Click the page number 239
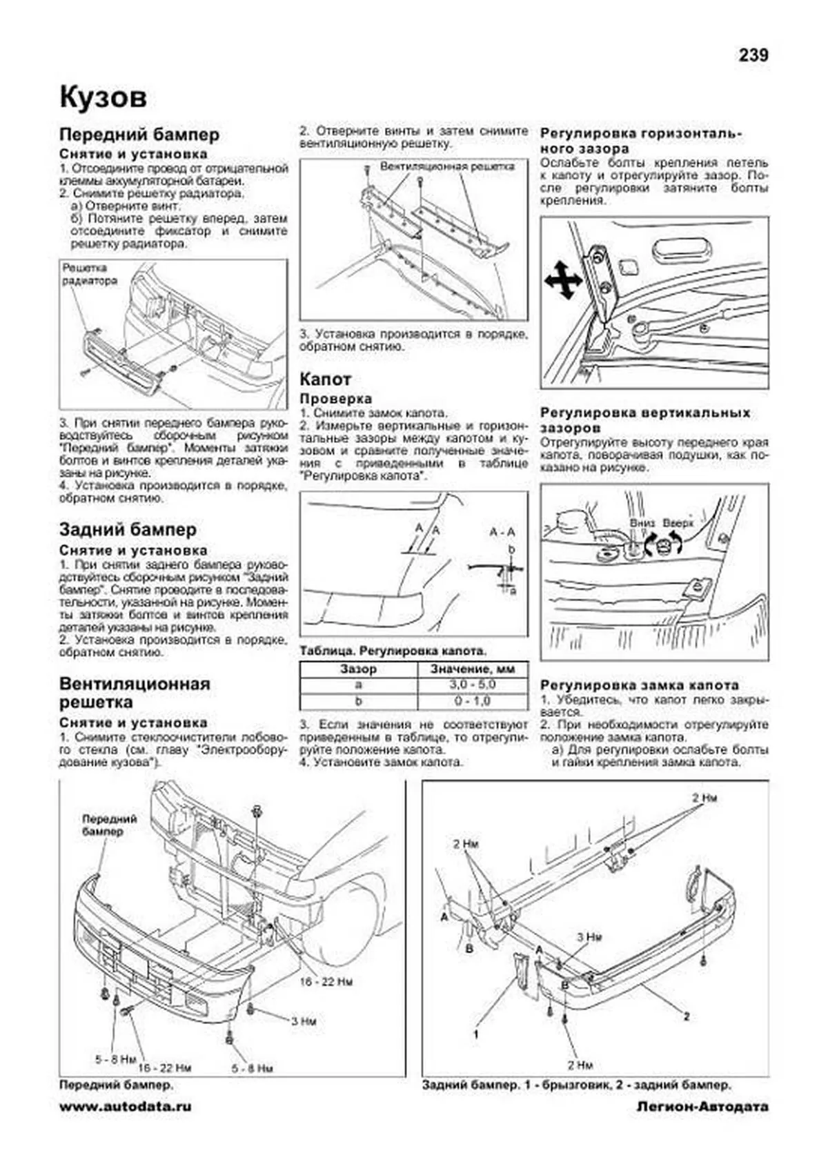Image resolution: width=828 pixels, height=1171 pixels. [x=753, y=55]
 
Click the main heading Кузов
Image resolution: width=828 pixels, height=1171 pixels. [x=103, y=97]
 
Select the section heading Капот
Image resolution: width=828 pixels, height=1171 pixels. [x=325, y=379]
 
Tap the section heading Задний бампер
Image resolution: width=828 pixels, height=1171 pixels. [x=128, y=529]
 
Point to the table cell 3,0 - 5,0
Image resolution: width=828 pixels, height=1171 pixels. [x=472, y=685]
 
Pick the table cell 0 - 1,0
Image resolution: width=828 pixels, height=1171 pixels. [x=472, y=701]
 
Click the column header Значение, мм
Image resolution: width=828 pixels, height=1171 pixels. [x=472, y=669]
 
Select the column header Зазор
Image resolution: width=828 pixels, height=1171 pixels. [x=358, y=669]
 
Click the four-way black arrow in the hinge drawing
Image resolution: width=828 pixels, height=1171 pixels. [x=562, y=281]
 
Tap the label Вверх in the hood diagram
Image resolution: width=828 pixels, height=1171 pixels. [x=677, y=523]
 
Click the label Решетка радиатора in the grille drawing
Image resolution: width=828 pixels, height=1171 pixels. [x=90, y=274]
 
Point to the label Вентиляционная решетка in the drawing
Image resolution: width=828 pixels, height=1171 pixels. [x=447, y=167]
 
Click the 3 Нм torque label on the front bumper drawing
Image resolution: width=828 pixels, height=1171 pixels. [x=303, y=1021]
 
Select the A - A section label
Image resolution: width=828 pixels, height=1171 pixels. [x=502, y=532]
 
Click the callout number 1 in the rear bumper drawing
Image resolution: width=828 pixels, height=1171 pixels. [x=475, y=1034]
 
